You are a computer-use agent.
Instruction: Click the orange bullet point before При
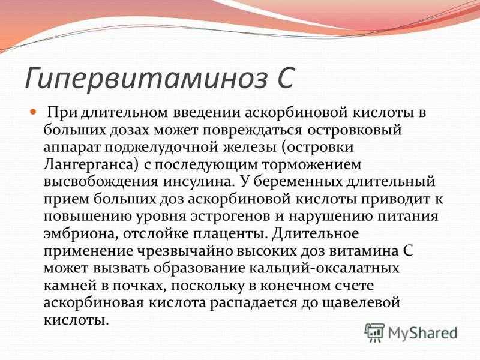33,112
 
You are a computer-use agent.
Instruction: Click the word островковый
354,130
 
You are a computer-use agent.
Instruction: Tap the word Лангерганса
92,165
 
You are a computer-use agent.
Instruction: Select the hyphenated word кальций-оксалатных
324,269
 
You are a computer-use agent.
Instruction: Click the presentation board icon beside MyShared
375,332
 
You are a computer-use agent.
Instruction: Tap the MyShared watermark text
423,334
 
